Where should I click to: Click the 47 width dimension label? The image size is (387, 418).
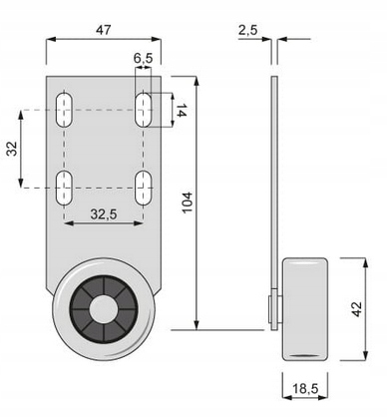click(x=103, y=30)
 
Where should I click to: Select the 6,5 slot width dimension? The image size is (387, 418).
click(x=144, y=58)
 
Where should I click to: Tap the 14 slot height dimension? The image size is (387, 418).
click(x=182, y=110)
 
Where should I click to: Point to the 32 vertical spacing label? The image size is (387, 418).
click(x=12, y=149)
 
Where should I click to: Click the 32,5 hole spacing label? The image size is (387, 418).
click(x=104, y=214)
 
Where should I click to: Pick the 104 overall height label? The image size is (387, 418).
click(x=188, y=203)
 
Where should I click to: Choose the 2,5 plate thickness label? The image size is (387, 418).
click(x=247, y=30)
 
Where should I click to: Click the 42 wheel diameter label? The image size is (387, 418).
click(x=356, y=309)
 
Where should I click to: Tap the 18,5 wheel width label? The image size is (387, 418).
click(x=305, y=388)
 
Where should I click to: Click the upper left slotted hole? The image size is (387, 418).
click(x=64, y=110)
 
